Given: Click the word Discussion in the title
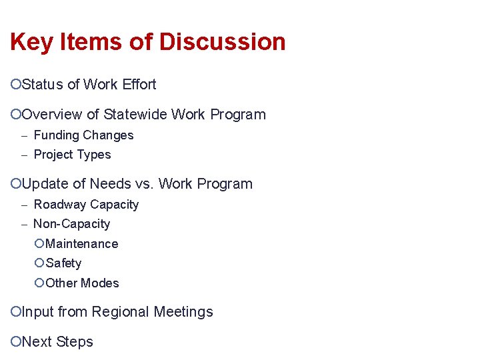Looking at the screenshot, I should point(221,42).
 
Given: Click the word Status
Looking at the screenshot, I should point(43,85).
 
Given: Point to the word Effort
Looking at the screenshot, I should point(139,85).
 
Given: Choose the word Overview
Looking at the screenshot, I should point(51,115).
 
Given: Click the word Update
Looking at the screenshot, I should point(45,184).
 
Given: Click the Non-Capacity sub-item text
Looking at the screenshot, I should point(71,224).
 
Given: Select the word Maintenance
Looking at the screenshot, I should point(81,244).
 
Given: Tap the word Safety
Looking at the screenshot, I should point(63,263).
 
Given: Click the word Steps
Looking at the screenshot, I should point(75,342).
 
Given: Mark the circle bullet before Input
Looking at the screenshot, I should point(16,312).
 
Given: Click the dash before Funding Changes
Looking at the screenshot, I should point(23,135).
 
